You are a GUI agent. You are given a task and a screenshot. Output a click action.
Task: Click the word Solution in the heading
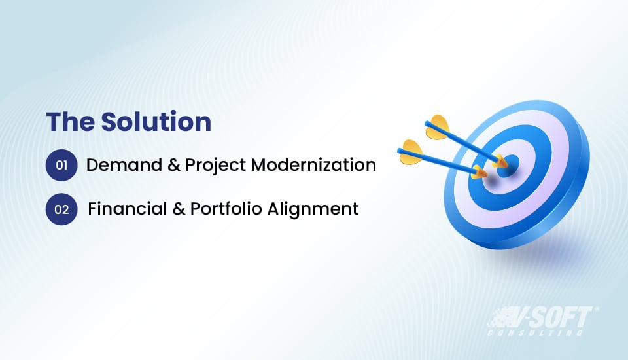tap(157, 122)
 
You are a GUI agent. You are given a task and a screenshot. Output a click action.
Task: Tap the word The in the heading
tap(70, 122)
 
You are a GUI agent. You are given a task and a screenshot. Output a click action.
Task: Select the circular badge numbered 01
tap(61, 165)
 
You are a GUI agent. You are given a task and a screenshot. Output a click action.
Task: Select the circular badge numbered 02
tap(61, 209)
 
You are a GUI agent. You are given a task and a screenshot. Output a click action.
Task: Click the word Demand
tap(120, 165)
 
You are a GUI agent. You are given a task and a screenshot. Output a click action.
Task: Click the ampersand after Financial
tap(176, 209)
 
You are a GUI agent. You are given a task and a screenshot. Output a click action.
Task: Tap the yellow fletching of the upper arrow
tap(437, 127)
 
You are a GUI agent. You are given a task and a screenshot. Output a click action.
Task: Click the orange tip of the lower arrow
tap(479, 173)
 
